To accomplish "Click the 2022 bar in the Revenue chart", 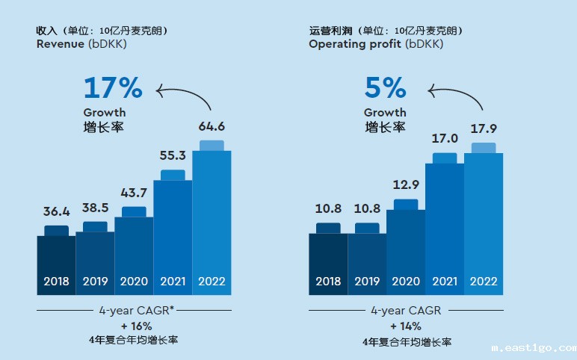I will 212,220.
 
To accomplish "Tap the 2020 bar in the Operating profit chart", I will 406,250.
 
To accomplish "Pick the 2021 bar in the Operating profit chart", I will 445,224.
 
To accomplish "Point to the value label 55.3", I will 173,155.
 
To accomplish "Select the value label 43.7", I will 134,192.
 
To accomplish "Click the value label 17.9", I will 484,128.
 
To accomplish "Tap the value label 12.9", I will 406,184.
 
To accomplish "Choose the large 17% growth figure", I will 112,87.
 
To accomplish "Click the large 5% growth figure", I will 385,87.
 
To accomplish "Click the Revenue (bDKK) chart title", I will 81,44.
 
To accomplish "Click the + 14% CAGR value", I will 406,326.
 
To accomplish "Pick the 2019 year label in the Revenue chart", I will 95,282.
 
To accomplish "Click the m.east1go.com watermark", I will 533,347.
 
